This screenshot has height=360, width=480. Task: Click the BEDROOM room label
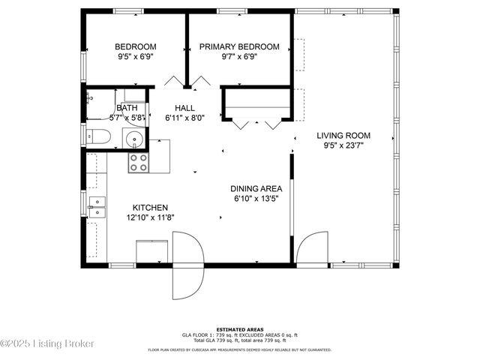pos(135,46)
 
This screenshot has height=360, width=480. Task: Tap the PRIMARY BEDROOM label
pos(239,46)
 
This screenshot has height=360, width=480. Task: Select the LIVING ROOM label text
pos(343,136)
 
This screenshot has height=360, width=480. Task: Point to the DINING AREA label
pos(256,188)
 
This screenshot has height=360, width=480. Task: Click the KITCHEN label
pos(150,208)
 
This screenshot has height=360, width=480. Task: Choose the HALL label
pos(184,108)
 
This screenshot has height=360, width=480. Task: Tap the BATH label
pos(126,108)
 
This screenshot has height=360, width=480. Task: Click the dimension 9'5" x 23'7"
pos(343,146)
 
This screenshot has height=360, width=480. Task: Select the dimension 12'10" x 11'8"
pos(150,217)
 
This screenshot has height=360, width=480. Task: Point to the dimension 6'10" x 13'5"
pos(256,199)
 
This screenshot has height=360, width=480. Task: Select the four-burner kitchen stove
pos(138,163)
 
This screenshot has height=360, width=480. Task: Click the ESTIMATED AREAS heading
pos(239,329)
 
